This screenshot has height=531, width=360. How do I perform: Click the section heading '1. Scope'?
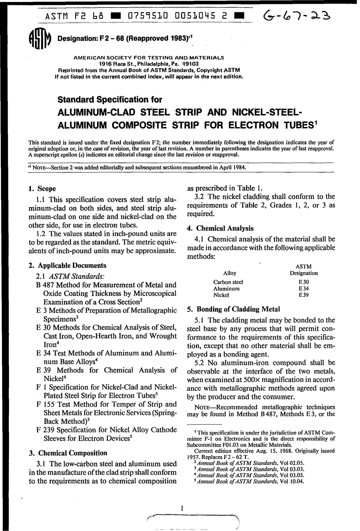(x=42, y=189)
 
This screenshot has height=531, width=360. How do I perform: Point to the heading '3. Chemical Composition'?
(x=68, y=453)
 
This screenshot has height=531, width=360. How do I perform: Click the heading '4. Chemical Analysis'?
(x=221, y=228)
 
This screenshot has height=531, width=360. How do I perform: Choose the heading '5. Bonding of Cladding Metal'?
(x=233, y=309)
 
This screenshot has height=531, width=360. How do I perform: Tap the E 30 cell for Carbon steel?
(x=304, y=282)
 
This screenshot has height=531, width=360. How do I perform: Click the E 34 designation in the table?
(x=304, y=289)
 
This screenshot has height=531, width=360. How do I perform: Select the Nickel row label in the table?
(x=221, y=295)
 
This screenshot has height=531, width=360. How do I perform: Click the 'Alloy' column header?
(x=230, y=273)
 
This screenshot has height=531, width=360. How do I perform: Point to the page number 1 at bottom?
(x=182, y=508)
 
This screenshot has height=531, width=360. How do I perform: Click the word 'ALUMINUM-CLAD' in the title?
(x=95, y=113)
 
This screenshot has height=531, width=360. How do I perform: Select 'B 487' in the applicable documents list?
(x=45, y=285)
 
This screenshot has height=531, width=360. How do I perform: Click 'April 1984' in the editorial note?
(x=232, y=167)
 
